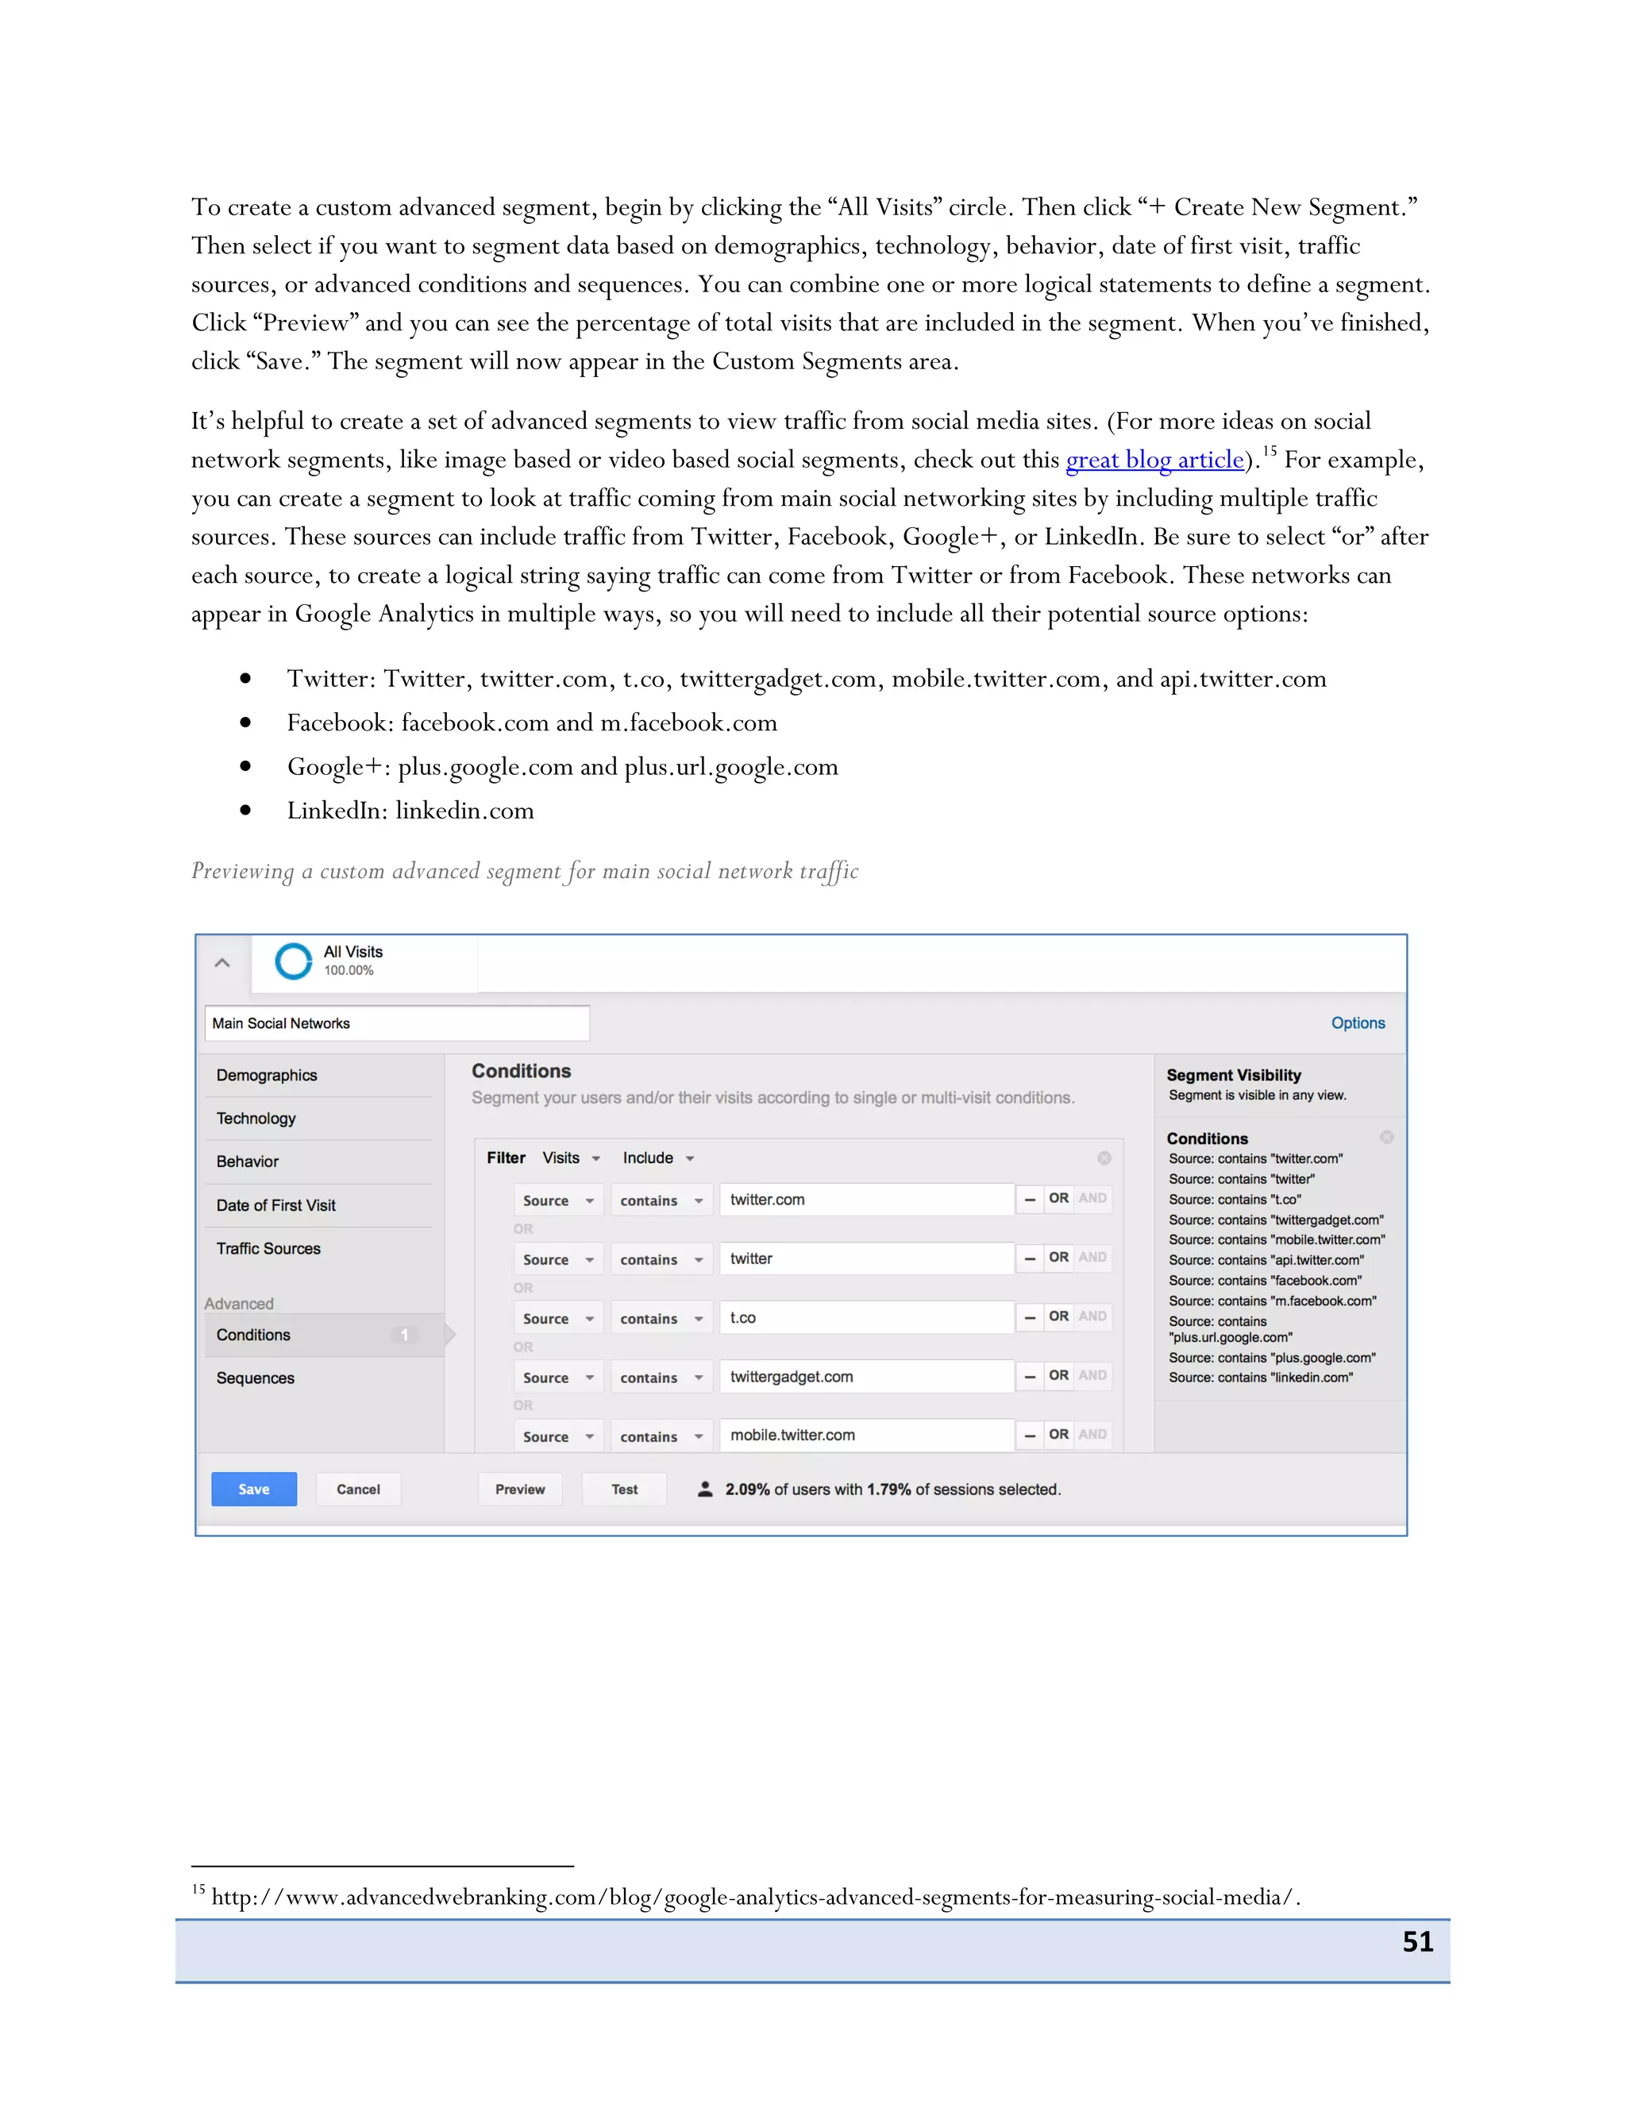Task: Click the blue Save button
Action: [253, 1489]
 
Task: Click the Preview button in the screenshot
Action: [520, 1489]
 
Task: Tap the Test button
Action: [624, 1489]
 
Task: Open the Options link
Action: [1357, 1023]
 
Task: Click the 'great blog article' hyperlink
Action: [1154, 460]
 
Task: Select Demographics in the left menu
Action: [267, 1075]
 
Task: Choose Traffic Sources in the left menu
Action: [269, 1249]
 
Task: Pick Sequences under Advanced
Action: [256, 1378]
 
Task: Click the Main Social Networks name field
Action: [396, 1023]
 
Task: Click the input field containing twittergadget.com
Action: [865, 1377]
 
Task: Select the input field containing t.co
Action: [865, 1317]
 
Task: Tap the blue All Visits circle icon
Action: [294, 961]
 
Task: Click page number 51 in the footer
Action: [1417, 1941]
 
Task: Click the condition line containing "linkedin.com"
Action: [1260, 1378]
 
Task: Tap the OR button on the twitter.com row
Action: [1058, 1198]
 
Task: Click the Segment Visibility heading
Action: [1233, 1075]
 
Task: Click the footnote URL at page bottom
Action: [755, 1897]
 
